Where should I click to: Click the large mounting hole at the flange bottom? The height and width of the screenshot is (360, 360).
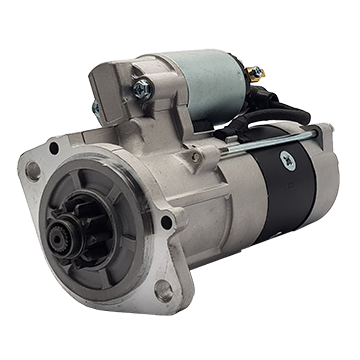coord(162,291)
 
